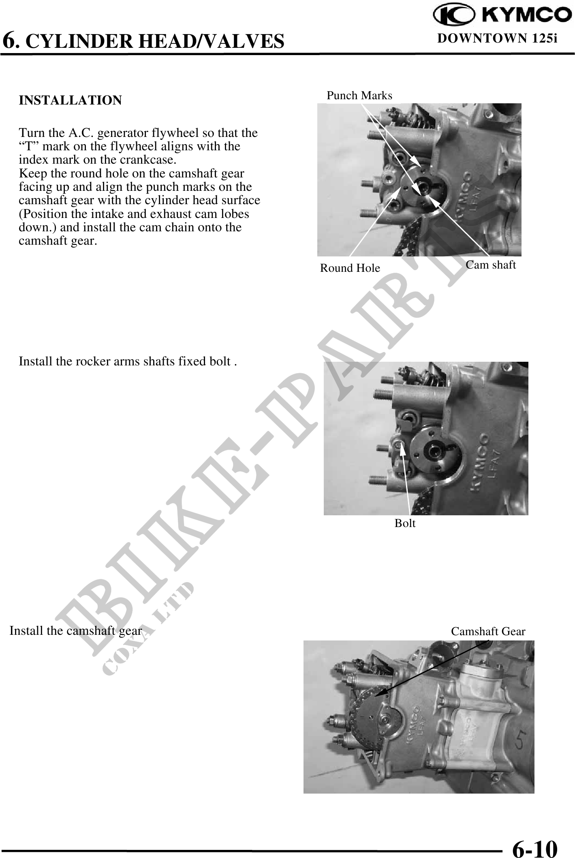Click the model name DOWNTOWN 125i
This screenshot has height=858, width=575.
(x=498, y=38)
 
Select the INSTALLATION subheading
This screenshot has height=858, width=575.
(x=71, y=100)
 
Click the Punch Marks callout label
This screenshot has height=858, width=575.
(x=359, y=96)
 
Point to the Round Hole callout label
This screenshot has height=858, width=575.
(x=350, y=268)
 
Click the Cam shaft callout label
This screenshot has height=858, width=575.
(x=491, y=265)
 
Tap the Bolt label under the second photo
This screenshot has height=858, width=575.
(x=405, y=523)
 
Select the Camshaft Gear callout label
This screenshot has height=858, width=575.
(x=488, y=632)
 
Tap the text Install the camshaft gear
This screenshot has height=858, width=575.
(x=76, y=631)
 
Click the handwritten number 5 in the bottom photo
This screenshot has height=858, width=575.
(x=521, y=741)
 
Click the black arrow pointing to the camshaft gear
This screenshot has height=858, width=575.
(x=432, y=668)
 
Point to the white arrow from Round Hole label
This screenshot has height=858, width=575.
(x=373, y=223)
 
